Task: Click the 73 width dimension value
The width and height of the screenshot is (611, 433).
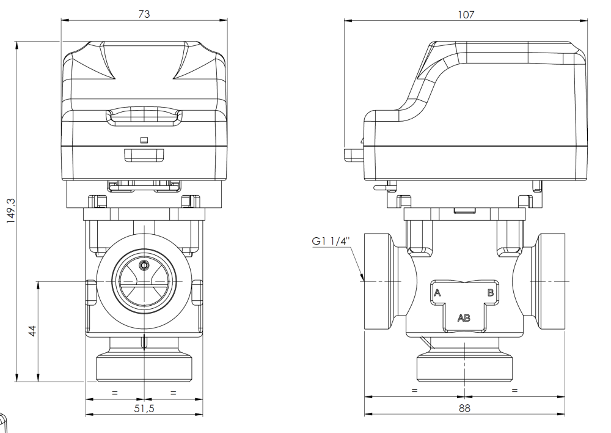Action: (144, 13)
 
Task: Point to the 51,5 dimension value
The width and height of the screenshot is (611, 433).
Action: (144, 408)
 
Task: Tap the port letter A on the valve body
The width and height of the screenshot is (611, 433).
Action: (437, 293)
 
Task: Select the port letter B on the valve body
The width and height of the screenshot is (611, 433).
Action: (490, 293)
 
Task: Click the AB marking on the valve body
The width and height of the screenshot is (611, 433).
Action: (464, 317)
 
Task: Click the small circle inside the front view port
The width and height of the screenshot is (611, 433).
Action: (144, 265)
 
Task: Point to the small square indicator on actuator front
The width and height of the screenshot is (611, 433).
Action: (144, 139)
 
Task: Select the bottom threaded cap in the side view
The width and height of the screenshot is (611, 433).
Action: (464, 368)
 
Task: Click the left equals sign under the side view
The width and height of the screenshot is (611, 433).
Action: (414, 390)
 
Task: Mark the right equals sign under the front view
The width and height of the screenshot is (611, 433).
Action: (173, 392)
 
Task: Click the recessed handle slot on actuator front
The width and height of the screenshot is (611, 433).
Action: (144, 116)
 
